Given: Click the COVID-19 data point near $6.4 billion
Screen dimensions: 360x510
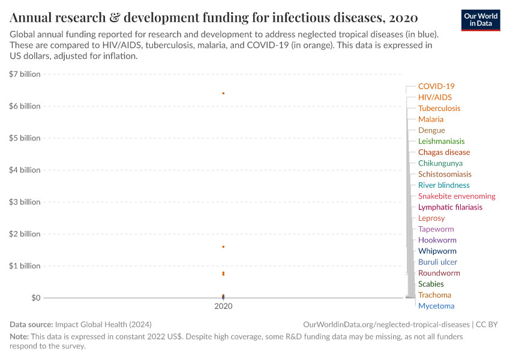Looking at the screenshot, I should click(x=223, y=93).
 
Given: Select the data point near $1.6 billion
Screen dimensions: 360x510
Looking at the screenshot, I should click(x=223, y=247).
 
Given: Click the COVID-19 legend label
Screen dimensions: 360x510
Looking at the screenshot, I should click(x=436, y=86).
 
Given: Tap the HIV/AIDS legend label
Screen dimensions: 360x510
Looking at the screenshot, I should click(x=434, y=97).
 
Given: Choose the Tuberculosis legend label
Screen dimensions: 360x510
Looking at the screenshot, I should click(x=439, y=109).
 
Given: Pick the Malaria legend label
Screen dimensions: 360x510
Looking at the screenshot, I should click(x=431, y=119).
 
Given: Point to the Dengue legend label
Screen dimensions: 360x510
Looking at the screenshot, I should click(x=431, y=130).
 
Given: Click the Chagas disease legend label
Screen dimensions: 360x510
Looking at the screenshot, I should click(x=444, y=152).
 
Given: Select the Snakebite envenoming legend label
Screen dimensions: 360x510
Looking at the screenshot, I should click(x=457, y=196).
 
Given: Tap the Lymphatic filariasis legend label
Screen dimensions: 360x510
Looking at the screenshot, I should click(x=450, y=207).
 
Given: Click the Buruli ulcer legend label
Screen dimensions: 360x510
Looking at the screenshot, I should click(x=437, y=262).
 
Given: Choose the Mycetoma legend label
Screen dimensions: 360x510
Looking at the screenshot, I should click(x=436, y=306).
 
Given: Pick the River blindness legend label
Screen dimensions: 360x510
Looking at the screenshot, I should click(x=443, y=185).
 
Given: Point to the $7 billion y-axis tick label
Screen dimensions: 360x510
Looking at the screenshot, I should click(x=25, y=74).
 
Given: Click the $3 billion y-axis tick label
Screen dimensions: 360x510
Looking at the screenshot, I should click(x=25, y=202).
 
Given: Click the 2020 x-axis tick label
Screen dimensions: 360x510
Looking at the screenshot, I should click(x=223, y=306).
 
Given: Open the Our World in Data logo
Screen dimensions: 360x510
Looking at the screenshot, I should click(x=481, y=19).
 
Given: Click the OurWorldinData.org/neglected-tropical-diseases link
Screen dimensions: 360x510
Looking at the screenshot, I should click(x=387, y=324).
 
